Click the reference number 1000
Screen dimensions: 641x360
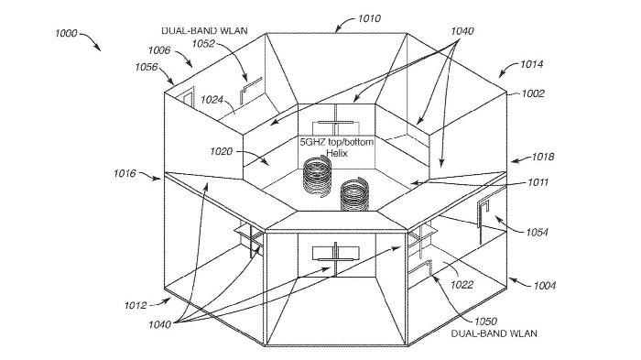[66, 33]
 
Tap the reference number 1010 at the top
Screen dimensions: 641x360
[369, 18]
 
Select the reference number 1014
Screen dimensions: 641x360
[531, 64]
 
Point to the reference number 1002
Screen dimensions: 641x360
[533, 93]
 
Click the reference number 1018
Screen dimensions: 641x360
[543, 157]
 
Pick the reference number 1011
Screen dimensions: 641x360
[538, 182]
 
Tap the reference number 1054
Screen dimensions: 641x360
[537, 233]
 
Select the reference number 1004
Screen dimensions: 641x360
[545, 285]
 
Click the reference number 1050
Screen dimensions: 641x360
[485, 322]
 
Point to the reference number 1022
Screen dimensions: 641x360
[462, 285]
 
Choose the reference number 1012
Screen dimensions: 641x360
[136, 305]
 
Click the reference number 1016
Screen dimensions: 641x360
[125, 173]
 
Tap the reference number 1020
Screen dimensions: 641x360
[222, 152]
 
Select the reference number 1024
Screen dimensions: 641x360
[212, 100]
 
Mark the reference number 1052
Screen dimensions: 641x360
[203, 43]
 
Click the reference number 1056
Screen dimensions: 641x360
[147, 67]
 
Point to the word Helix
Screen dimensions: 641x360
[336, 153]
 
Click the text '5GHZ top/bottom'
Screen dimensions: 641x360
[337, 142]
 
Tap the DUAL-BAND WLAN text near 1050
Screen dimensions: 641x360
[494, 333]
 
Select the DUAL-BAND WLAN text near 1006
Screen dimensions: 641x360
[204, 30]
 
